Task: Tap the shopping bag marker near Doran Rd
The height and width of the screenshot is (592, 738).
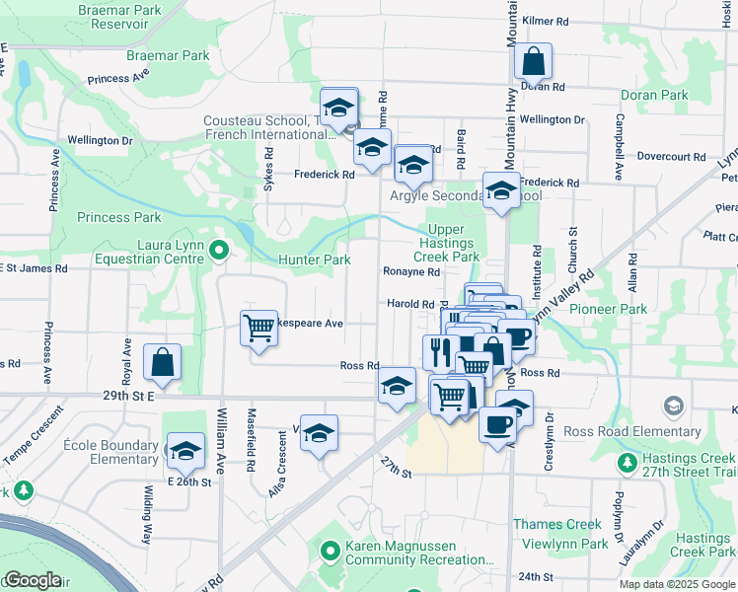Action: (533, 62)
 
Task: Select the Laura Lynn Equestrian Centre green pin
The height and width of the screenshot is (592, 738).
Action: (218, 254)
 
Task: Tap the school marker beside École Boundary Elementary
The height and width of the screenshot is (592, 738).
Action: (184, 451)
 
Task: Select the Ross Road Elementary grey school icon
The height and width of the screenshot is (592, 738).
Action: (674, 406)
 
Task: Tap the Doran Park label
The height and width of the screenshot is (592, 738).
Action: (654, 96)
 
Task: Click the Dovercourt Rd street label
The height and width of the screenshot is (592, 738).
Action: (671, 156)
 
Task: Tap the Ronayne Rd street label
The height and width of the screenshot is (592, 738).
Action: (410, 271)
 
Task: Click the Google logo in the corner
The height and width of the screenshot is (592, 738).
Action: (32, 580)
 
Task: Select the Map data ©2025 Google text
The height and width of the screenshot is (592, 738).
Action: (676, 584)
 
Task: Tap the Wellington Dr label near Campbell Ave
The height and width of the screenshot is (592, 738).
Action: (552, 119)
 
